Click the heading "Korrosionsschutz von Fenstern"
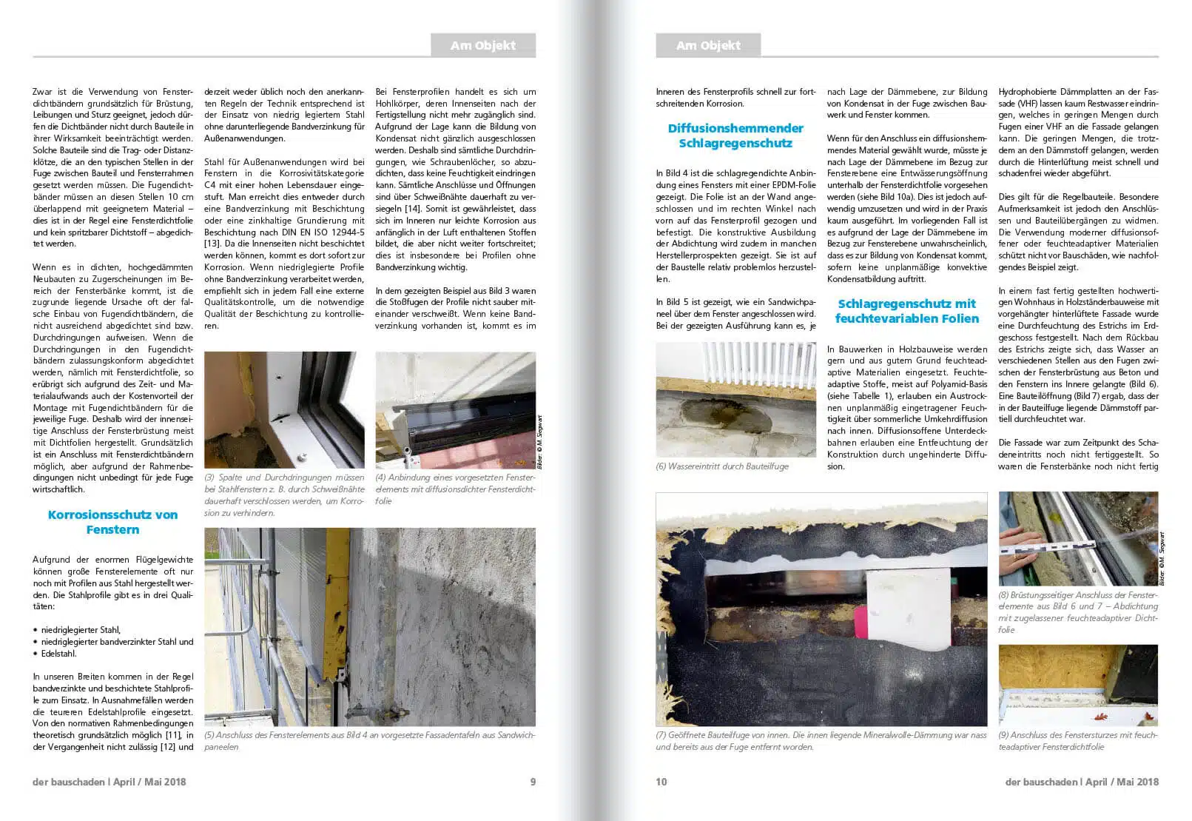pos(112,522)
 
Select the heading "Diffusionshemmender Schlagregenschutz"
pos(735,135)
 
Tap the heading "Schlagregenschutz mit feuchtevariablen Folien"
pos(906,311)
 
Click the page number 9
pos(533,782)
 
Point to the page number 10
pos(661,782)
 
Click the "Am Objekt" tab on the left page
pos(483,45)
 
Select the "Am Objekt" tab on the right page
pos(708,45)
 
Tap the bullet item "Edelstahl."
pos(58,654)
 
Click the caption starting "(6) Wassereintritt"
pos(722,466)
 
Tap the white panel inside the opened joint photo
pos(907,611)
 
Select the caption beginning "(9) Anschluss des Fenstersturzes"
pos(1077,741)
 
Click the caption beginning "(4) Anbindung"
pos(455,489)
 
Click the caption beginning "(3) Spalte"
pos(284,495)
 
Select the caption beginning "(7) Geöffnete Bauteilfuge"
pos(821,741)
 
